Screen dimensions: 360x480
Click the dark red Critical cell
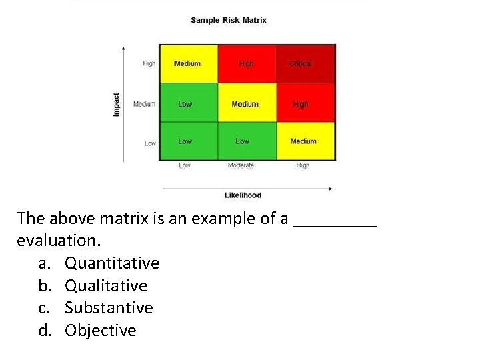click(x=306, y=64)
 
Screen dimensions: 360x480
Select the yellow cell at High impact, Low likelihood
click(x=188, y=64)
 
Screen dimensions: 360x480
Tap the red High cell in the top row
click(x=247, y=64)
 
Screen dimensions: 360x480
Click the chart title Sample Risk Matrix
click(x=229, y=20)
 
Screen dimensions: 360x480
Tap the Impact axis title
click(x=116, y=104)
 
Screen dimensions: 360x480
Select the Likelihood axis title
click(x=243, y=195)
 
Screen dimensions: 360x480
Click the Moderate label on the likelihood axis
click(x=241, y=165)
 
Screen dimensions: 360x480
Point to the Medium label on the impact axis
click(x=144, y=104)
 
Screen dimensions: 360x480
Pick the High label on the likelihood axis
click(x=303, y=165)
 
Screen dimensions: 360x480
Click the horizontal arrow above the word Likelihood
click(x=247, y=188)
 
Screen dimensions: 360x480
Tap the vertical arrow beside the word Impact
click(x=123, y=104)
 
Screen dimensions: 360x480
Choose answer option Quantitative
click(x=112, y=263)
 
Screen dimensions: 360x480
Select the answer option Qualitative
click(x=106, y=286)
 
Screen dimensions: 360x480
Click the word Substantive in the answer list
click(x=109, y=308)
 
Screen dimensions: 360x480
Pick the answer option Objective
click(x=100, y=331)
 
